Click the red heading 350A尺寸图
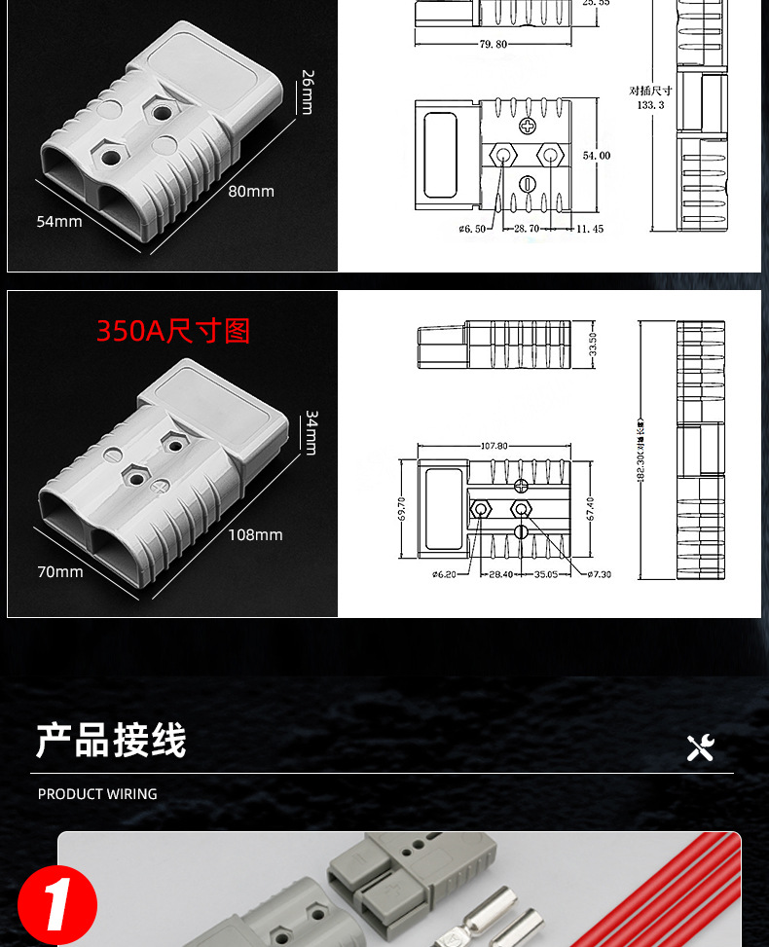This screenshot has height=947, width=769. [x=173, y=331]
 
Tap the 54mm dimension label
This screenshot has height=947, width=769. [x=59, y=221]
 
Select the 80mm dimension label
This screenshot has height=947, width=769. [x=251, y=191]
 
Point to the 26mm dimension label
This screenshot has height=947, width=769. [x=308, y=91]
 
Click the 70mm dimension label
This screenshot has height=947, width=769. [x=60, y=571]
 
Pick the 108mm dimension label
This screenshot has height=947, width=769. [x=255, y=534]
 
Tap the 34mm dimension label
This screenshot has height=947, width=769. [x=311, y=432]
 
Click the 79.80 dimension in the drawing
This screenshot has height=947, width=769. [x=494, y=44]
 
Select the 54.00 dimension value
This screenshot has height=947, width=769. [x=596, y=156]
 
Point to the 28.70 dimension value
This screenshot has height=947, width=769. [x=527, y=229]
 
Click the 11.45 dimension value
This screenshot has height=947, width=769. [x=589, y=229]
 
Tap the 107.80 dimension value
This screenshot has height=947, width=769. [x=494, y=446]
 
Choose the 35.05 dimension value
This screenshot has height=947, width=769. [x=546, y=574]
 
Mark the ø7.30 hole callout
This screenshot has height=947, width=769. [x=598, y=574]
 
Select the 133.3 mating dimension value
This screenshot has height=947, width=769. [x=650, y=104]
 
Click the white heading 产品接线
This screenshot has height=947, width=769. [x=111, y=741]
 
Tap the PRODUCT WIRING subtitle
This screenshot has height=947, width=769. [x=97, y=794]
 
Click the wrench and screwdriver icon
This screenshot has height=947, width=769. [x=700, y=747]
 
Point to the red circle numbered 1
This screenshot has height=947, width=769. [x=57, y=905]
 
